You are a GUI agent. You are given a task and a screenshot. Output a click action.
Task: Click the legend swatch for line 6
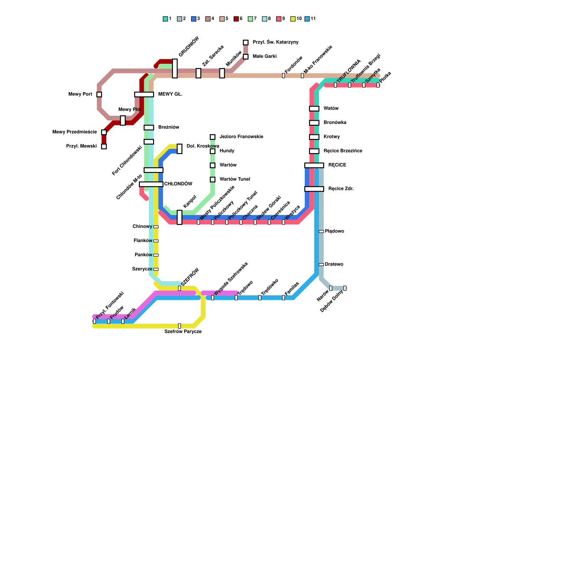point(236,19)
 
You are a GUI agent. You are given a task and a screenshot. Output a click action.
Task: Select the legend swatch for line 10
point(293,19)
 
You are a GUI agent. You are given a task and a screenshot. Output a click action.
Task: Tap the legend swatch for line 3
point(193,19)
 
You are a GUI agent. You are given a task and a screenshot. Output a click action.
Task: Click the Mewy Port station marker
point(99,94)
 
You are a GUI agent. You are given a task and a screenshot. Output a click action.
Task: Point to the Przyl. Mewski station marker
point(104,146)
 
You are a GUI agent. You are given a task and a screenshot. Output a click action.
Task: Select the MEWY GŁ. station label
point(170,94)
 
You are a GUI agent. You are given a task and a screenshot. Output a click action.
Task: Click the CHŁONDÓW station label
point(178,184)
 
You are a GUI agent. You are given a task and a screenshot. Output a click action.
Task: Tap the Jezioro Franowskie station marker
point(213,137)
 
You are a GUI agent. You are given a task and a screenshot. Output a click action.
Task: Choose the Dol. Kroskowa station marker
point(180,148)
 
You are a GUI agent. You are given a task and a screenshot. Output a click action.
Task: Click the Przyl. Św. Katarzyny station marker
point(246,43)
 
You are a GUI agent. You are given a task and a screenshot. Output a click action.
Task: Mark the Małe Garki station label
point(264,56)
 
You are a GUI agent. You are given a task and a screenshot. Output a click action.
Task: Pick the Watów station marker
point(314,108)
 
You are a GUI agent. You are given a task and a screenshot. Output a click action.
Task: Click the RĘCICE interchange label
point(337,165)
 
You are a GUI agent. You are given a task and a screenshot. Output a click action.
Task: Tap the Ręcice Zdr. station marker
point(314,189)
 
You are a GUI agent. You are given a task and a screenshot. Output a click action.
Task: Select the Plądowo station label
point(334,231)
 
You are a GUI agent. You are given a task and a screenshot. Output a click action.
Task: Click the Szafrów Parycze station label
point(183,332)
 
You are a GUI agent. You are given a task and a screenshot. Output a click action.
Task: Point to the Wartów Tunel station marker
point(213,179)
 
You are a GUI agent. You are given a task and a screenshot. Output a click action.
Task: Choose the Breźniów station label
point(169,127)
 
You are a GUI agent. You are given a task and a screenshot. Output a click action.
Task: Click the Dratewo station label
point(334,264)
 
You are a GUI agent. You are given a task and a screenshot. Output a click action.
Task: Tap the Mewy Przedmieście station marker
point(104,132)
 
